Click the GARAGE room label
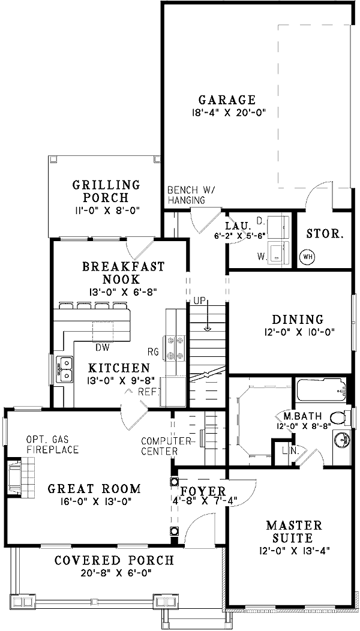tap(227, 100)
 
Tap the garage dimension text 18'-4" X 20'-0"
tap(227, 112)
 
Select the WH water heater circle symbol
tap(307, 257)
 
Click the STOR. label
tap(325, 233)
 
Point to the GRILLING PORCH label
tap(106, 191)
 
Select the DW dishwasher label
tap(102, 347)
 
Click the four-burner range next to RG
tap(174, 347)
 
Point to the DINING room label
tap(297, 320)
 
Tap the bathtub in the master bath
tap(321, 392)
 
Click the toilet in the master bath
tap(339, 417)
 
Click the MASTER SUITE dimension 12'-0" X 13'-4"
tap(294, 549)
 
